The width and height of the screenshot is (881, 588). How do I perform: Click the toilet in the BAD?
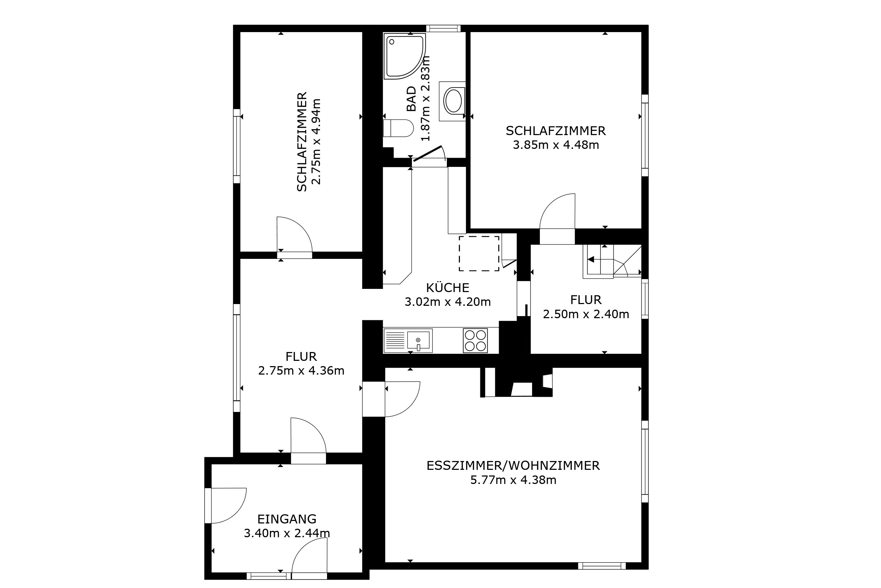point(398,128)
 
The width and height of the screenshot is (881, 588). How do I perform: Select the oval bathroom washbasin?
point(454,101)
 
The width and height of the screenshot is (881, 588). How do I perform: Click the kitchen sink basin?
point(419,341)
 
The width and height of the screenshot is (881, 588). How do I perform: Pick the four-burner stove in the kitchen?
point(475,340)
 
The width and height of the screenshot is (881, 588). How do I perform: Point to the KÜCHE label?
point(448,287)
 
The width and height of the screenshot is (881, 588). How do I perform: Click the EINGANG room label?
point(287,519)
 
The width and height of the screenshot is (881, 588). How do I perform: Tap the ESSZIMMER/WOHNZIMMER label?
point(513,466)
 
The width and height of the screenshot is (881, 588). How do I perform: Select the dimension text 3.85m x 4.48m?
point(556,145)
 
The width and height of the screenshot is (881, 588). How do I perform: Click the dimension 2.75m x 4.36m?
point(301,370)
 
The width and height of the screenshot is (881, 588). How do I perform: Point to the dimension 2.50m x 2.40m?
point(586,314)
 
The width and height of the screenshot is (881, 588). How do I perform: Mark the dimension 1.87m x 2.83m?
point(425,98)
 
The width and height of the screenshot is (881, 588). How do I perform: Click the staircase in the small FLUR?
point(612,261)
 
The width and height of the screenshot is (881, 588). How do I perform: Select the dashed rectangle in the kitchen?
point(479,254)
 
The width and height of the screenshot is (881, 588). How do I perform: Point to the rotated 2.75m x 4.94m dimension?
point(316,142)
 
